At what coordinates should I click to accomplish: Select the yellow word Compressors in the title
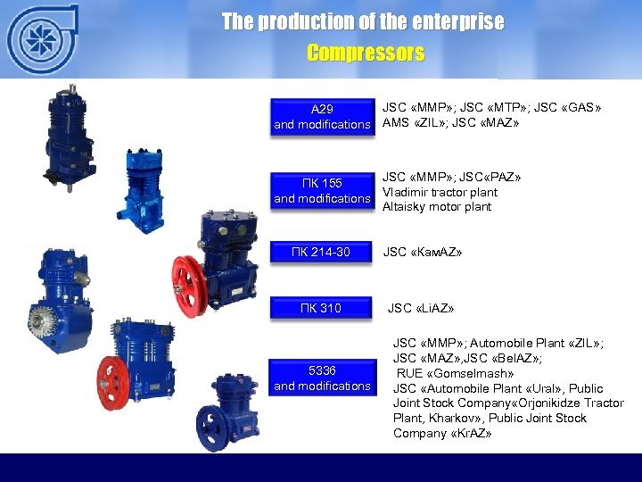[366, 54]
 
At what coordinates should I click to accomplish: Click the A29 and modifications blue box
[322, 117]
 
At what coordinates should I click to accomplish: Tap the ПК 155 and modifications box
[322, 191]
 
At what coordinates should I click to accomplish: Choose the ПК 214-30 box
[321, 253]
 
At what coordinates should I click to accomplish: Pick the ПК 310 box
[321, 309]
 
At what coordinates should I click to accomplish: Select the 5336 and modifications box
[322, 378]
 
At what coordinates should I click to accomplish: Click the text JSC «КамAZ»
[423, 253]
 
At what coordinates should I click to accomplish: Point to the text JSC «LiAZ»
[421, 309]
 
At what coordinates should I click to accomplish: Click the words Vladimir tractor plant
[440, 192]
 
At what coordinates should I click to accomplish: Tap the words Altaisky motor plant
[437, 207]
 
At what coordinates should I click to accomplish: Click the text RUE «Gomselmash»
[456, 373]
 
